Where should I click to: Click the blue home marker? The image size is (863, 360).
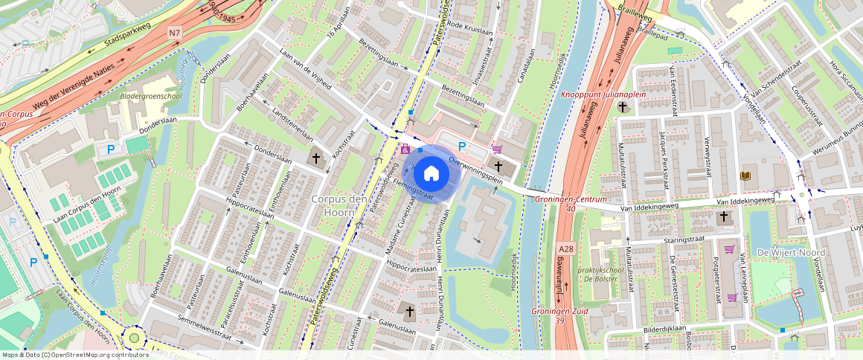pyautogui.click(x=431, y=174)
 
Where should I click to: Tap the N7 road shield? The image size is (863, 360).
pyautogui.click(x=174, y=33)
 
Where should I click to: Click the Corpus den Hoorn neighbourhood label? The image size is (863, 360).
pyautogui.click(x=339, y=205)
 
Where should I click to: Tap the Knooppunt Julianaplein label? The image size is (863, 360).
pyautogui.click(x=603, y=94)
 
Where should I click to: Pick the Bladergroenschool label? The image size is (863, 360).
pyautogui.click(x=151, y=96)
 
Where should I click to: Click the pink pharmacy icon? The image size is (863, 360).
pyautogui.click(x=405, y=149)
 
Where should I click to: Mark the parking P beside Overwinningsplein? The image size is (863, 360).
pyautogui.click(x=462, y=147)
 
